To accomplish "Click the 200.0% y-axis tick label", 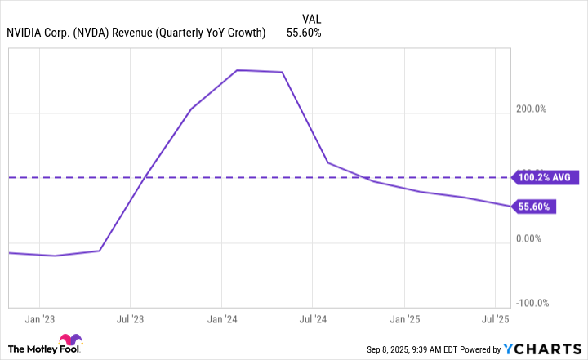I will coord(529,109).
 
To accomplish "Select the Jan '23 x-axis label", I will coord(40,319).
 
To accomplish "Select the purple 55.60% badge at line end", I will coord(535,207).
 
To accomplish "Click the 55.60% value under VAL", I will coord(304,33).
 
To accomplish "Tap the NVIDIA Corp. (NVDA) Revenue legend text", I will coord(136,33).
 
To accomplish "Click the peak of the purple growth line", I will coord(237,70).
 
